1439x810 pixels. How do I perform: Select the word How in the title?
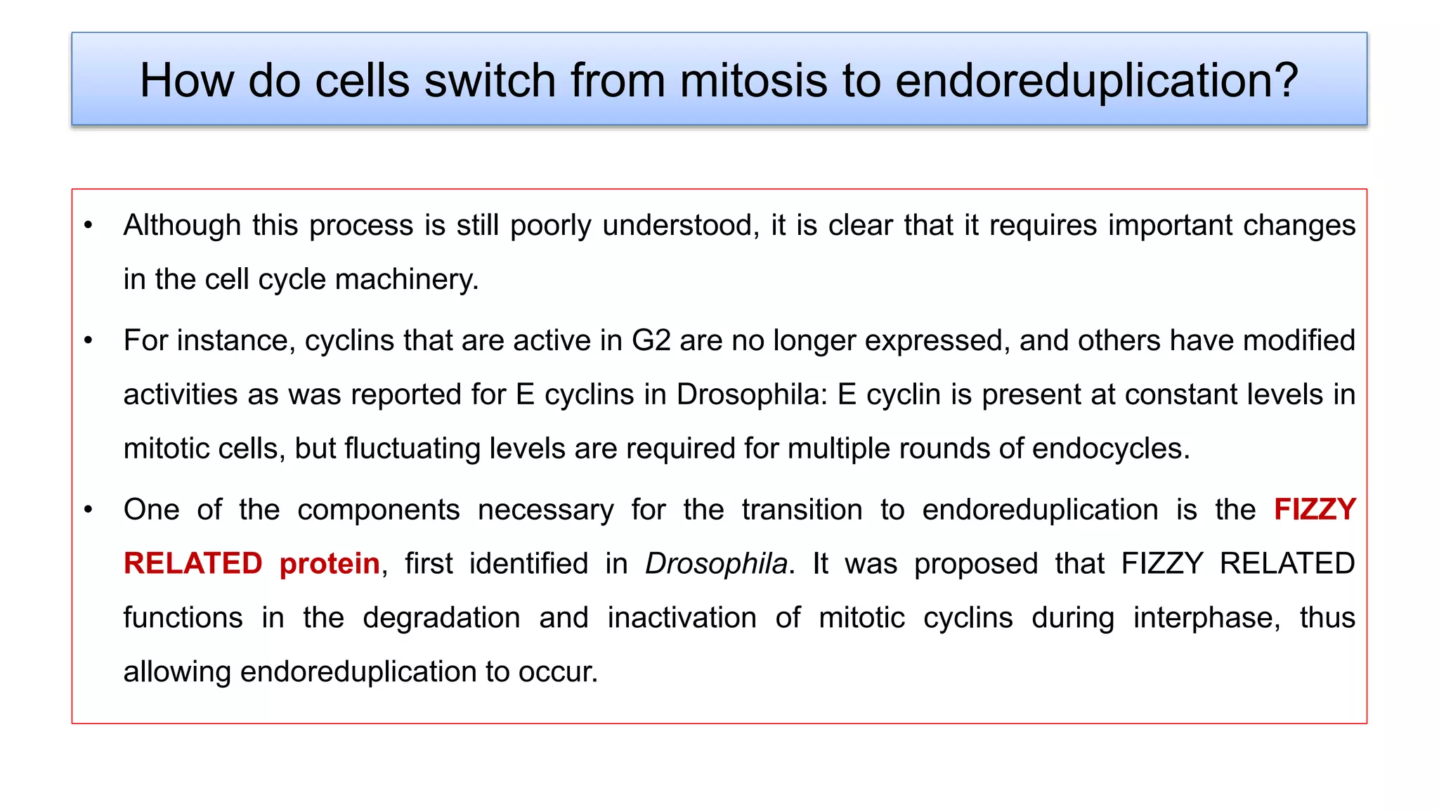(186, 80)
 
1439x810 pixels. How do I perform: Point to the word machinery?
(407, 280)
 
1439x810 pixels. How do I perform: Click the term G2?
(651, 341)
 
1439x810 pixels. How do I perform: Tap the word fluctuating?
(412, 449)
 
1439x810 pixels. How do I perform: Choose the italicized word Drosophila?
(716, 564)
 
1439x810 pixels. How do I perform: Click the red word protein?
(330, 564)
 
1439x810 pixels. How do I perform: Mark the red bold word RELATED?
(193, 564)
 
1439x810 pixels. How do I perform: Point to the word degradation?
(441, 618)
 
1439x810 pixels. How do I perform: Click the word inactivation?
(682, 618)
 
